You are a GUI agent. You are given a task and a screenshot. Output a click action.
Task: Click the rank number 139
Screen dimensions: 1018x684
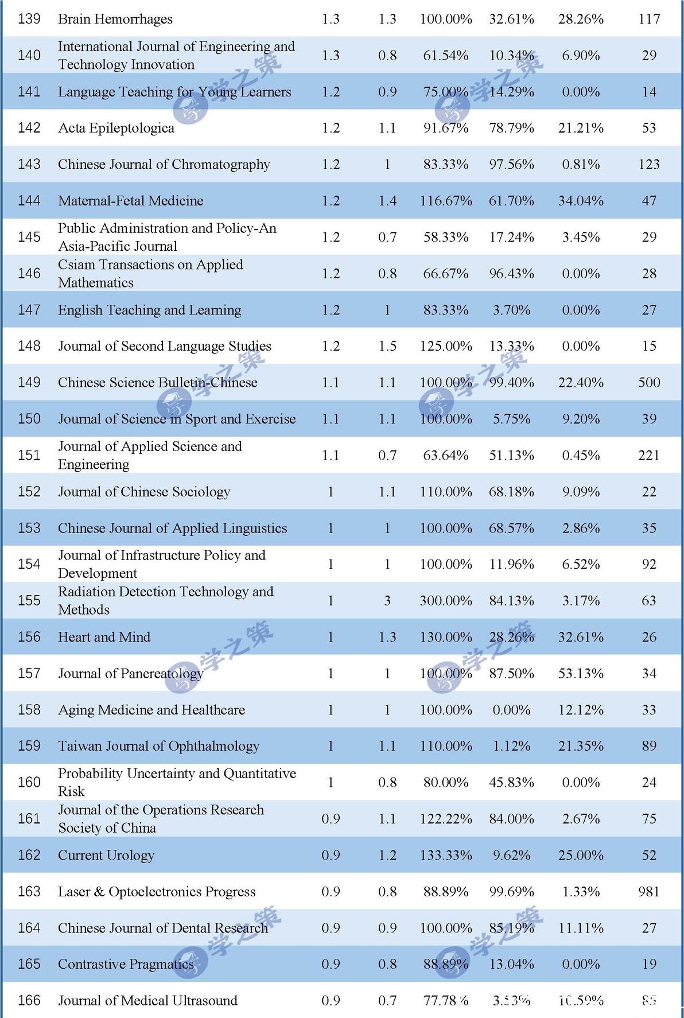click(x=29, y=19)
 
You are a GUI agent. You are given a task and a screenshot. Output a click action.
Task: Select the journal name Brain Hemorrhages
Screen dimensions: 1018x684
click(x=115, y=19)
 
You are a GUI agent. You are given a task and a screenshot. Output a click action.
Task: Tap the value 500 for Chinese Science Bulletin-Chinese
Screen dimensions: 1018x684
click(x=648, y=382)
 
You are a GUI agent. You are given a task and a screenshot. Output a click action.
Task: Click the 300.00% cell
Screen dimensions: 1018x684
click(x=445, y=601)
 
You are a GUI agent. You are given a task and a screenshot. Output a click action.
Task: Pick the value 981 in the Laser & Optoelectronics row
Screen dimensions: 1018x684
click(x=648, y=892)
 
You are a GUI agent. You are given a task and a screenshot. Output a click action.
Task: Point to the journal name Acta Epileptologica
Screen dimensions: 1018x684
click(x=116, y=128)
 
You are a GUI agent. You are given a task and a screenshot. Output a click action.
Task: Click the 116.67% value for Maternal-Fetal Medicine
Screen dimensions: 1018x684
click(x=445, y=201)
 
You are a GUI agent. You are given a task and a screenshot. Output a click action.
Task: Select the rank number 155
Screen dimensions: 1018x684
click(x=29, y=601)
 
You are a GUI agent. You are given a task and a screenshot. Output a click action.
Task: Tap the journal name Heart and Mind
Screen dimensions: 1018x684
click(x=104, y=637)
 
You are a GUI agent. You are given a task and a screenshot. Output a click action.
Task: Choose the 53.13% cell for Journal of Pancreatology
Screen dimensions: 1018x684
click(x=580, y=674)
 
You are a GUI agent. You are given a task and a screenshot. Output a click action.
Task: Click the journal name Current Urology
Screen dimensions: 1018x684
click(x=106, y=855)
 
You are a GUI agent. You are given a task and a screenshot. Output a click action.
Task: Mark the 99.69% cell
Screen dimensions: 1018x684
click(x=511, y=892)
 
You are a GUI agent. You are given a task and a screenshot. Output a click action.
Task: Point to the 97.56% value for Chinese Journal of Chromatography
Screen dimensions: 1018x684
click(x=511, y=165)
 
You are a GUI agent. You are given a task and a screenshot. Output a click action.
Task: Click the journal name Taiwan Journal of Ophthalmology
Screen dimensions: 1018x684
click(x=158, y=746)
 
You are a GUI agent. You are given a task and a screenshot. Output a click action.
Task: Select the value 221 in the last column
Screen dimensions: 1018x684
click(x=648, y=455)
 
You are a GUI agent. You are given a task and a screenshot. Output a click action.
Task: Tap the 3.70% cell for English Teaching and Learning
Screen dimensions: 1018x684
click(x=511, y=310)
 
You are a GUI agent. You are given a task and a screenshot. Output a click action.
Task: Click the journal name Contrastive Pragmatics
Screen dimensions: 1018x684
click(x=126, y=964)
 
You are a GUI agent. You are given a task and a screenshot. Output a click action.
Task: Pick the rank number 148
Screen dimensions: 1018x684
click(x=29, y=346)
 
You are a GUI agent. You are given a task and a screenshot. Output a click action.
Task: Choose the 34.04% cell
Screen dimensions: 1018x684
click(x=580, y=201)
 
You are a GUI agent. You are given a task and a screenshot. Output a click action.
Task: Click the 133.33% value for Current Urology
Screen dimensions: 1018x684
click(x=445, y=855)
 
